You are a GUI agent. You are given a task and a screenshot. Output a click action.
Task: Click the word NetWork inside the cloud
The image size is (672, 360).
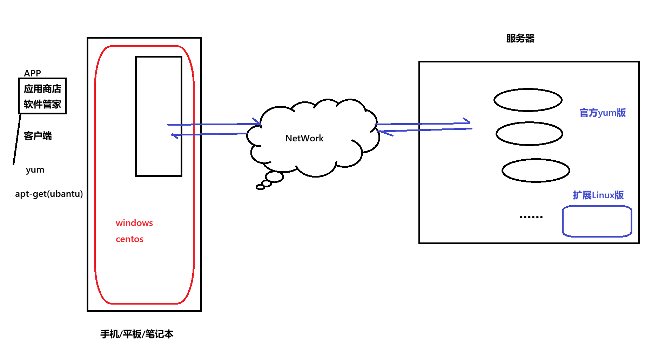[304, 138]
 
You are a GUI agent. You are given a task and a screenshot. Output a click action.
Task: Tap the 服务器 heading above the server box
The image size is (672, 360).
[520, 39]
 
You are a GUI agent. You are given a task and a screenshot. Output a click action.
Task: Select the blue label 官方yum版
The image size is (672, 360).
[602, 113]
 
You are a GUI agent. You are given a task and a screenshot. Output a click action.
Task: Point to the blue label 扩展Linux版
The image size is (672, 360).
[598, 195]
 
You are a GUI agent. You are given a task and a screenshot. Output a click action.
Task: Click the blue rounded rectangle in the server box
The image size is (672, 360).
[597, 221]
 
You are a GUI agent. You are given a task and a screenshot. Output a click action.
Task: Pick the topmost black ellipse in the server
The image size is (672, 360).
[528, 100]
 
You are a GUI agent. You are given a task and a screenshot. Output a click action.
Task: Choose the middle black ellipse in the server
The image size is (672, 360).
[529, 134]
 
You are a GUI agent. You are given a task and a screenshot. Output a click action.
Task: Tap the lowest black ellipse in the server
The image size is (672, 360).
[536, 171]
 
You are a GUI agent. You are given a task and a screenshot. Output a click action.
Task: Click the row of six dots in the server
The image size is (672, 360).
[531, 217]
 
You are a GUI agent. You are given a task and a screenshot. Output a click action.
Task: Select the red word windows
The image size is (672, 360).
[134, 223]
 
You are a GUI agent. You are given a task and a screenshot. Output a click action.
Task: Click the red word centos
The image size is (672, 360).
[129, 239]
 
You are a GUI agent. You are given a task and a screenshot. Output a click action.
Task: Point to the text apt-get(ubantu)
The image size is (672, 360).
[49, 194]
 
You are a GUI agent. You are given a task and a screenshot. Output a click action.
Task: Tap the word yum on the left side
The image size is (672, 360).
[35, 170]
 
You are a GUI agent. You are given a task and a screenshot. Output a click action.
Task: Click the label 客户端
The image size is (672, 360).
[38, 136]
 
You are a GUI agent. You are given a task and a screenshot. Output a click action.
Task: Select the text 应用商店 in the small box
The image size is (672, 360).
[42, 89]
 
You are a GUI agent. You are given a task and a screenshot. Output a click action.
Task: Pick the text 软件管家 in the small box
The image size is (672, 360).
[42, 104]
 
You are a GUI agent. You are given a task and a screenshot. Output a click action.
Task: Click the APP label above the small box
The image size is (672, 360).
[32, 73]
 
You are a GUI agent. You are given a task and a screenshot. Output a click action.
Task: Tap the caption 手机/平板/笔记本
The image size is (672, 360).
[137, 334]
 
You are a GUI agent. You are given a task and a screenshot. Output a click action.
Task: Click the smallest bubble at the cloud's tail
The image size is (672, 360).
[260, 187]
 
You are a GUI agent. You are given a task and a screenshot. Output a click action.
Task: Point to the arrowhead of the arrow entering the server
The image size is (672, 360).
[468, 121]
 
